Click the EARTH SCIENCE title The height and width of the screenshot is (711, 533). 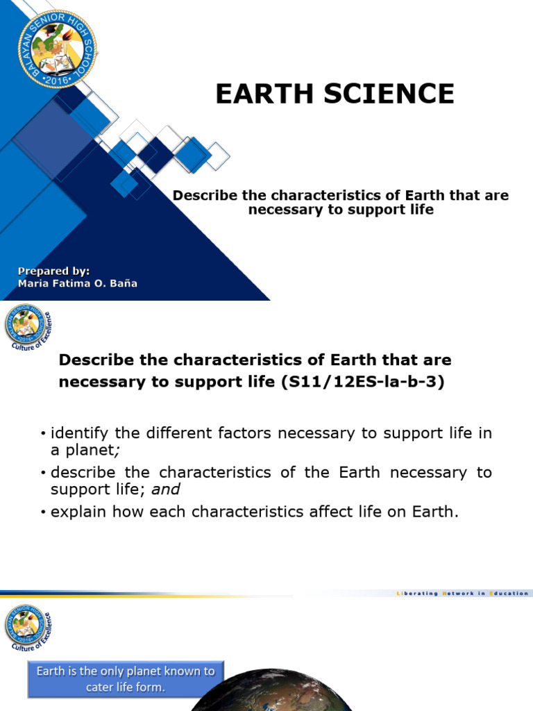(x=335, y=94)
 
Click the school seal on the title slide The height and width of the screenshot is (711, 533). (x=58, y=49)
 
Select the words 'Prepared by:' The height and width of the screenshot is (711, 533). (x=54, y=271)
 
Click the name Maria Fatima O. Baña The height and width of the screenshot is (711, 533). (x=78, y=283)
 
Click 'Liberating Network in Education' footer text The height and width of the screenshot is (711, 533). (x=462, y=593)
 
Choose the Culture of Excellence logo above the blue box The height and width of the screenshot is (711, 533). (x=28, y=628)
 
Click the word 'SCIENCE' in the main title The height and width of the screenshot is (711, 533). (x=389, y=94)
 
